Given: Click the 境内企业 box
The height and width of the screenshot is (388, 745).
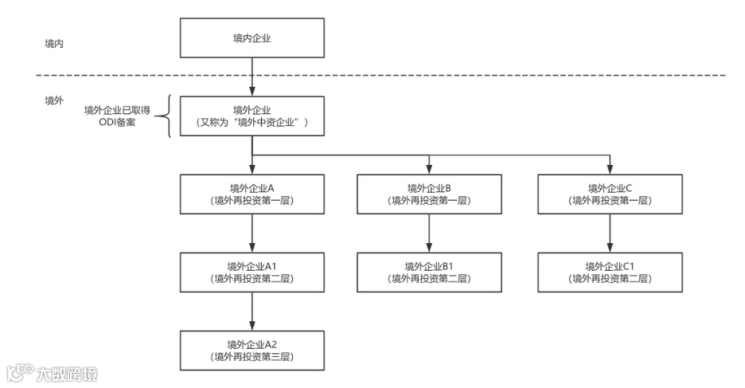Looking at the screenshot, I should coord(252,39).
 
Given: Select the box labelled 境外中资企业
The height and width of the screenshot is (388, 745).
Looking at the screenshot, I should coord(252,116).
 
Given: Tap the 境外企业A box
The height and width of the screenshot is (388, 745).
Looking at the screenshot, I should coord(252,194).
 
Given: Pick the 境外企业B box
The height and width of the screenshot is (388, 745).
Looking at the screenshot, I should coord(429,194).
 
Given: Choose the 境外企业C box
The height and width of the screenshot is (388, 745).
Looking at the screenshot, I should coord(610,194).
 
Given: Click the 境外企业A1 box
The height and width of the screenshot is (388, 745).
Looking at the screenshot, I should coord(252,272).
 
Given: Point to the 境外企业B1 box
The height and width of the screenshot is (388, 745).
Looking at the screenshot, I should coord(429,272).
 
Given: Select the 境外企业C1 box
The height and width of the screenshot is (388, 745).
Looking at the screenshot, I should coord(610,272).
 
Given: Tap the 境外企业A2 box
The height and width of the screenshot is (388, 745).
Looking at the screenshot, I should coord(252,350).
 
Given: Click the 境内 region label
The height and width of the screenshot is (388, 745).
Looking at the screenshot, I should coord(54,42).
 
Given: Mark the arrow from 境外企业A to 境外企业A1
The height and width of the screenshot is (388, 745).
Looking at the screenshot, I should coord(252,233).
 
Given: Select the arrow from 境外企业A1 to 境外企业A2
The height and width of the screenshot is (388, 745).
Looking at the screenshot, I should coord(252,311).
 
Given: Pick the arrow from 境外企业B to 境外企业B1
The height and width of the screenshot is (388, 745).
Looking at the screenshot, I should coord(429,233).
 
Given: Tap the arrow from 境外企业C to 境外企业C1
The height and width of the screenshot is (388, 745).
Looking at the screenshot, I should coord(610,233).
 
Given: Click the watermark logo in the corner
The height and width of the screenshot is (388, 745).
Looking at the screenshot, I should coord(52,373).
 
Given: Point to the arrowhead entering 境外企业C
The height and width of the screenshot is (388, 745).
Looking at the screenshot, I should coord(610,170).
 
